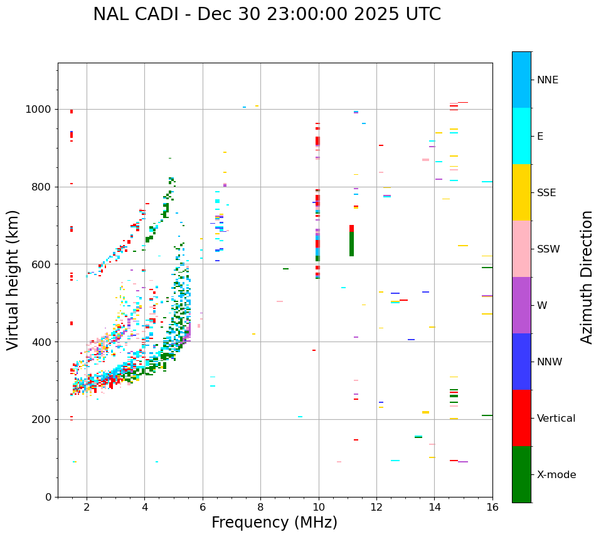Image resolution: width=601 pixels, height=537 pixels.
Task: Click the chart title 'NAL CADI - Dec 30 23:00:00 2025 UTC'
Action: [267, 14]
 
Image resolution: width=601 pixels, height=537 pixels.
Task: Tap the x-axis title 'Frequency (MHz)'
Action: [274, 523]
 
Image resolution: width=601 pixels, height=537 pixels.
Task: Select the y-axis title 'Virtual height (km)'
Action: [13, 279]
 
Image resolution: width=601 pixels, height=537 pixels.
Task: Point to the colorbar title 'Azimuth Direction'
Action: [587, 277]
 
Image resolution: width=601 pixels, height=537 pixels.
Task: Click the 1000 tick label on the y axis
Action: [39, 109]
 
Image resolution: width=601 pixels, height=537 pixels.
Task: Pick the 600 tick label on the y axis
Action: [42, 264]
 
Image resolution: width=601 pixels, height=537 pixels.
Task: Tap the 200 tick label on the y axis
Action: [42, 419]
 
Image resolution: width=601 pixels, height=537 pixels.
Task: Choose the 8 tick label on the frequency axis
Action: [260, 507]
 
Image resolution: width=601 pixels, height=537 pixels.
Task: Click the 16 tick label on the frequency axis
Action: [492, 507]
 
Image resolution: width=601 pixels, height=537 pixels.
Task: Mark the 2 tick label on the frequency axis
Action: [87, 507]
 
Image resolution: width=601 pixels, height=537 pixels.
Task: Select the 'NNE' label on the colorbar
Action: [548, 80]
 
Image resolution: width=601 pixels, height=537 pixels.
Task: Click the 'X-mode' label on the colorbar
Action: [556, 475]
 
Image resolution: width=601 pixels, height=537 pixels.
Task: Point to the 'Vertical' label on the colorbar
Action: [556, 419]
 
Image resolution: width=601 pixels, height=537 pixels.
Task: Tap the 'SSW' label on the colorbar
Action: [548, 249]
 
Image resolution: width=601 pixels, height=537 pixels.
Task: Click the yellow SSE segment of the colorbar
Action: [521, 192]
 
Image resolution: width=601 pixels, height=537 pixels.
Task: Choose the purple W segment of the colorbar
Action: [521, 305]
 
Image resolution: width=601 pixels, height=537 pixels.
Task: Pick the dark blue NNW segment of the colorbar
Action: [521, 362]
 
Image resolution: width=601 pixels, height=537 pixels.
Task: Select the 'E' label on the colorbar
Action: [540, 137]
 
